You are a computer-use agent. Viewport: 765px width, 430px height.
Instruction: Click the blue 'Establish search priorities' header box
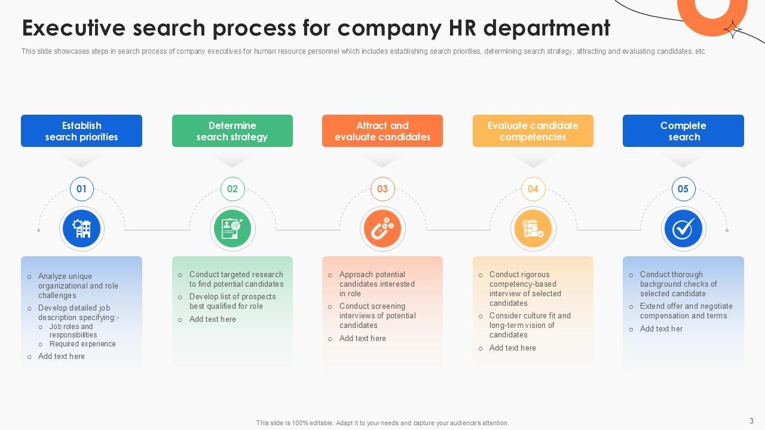tap(81, 131)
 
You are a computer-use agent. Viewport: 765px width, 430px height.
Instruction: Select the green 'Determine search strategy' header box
tap(232, 131)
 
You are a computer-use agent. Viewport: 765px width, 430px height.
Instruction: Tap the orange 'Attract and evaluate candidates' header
tap(382, 131)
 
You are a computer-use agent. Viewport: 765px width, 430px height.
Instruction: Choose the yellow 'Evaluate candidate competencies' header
tap(533, 131)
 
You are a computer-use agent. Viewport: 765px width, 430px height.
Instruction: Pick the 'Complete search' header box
tap(683, 131)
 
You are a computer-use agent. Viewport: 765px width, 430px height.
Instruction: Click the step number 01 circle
tap(82, 189)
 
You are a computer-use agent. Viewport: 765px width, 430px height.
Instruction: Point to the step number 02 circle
tap(232, 189)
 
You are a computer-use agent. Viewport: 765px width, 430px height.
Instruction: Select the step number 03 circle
tap(382, 189)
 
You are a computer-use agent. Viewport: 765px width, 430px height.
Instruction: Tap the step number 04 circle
tap(533, 189)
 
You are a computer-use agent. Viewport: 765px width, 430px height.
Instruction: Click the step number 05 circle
tap(683, 189)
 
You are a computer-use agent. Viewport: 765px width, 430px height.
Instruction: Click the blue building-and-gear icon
tap(82, 229)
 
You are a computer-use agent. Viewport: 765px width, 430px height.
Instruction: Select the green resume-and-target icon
tap(232, 229)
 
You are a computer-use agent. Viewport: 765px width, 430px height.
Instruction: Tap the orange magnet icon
tap(382, 229)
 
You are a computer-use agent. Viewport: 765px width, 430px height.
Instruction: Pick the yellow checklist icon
tap(533, 229)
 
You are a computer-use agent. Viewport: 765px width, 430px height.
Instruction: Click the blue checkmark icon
tap(683, 229)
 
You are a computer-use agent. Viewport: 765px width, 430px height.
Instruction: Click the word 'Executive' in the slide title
tap(74, 28)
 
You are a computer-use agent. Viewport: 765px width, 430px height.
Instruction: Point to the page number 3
tap(751, 420)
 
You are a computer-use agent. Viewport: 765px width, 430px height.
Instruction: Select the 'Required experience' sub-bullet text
tap(82, 344)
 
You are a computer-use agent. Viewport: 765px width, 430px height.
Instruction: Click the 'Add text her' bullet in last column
tap(661, 329)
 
